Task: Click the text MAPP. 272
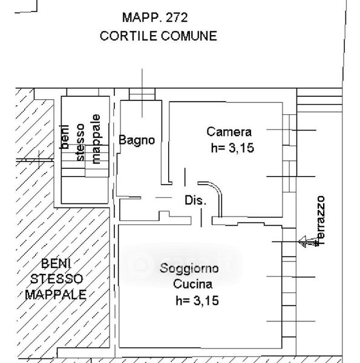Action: coord(155,18)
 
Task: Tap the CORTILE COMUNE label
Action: coord(159,36)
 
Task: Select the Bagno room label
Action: coord(137,140)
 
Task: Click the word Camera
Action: coord(229,132)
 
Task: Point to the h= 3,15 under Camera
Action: coord(232,148)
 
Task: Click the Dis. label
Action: coord(195,200)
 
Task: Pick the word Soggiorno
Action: coord(189,268)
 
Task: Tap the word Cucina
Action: coord(192,284)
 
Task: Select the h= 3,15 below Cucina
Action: coord(197,301)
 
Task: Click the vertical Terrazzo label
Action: coord(321,220)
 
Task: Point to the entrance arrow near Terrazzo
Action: coord(308,241)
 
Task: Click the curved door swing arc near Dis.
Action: coord(215,190)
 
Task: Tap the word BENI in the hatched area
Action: coord(56,263)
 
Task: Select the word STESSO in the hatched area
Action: coord(56,279)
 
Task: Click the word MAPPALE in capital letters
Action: coord(56,295)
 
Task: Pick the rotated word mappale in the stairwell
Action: coord(96,139)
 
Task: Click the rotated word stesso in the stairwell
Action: coord(80,142)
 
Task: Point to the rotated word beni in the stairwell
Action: coord(65,137)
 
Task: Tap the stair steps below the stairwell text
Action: coord(85,161)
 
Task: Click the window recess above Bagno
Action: coord(142,94)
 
